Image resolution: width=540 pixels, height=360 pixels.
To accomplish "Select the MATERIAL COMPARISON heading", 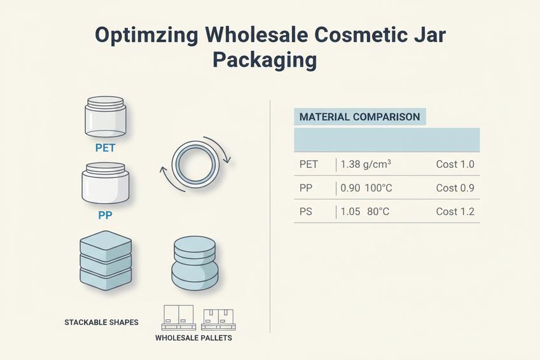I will click(359, 117).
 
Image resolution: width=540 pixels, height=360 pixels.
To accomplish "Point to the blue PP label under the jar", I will click(105, 215).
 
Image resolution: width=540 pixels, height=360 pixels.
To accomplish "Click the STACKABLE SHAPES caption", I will click(102, 322).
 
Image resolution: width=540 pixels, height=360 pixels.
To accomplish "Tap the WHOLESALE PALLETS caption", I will click(193, 338).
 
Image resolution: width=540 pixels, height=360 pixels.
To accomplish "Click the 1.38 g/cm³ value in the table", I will click(366, 165).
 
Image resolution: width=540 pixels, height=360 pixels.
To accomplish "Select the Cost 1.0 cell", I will click(455, 165).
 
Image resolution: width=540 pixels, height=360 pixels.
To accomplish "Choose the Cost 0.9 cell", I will click(455, 188).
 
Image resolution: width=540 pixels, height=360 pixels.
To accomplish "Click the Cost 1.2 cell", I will click(455, 212).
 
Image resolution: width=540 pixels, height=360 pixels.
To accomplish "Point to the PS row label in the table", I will click(306, 212).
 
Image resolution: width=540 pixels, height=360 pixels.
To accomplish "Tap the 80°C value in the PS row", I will click(378, 212).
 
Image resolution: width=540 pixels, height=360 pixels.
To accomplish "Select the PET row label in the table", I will click(308, 165).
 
